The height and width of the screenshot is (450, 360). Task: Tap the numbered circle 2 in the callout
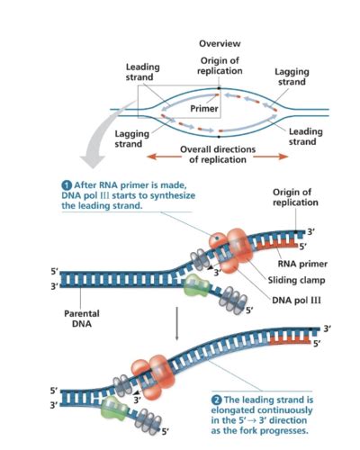click(x=216, y=399)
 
